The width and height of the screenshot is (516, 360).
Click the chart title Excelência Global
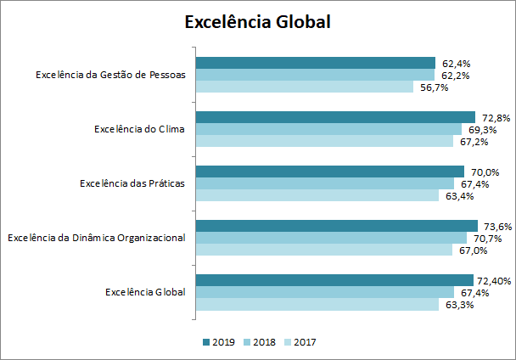tap(257, 22)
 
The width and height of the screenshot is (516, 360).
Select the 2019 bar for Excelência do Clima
tap(335, 117)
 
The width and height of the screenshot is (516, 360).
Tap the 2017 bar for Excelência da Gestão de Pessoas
tap(305, 87)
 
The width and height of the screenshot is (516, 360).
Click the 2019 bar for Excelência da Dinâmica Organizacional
tap(337, 226)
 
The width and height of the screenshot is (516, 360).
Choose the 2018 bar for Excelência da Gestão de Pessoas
tap(315, 75)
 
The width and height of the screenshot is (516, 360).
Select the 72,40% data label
tap(496, 281)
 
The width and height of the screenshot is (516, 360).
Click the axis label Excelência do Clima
tap(139, 129)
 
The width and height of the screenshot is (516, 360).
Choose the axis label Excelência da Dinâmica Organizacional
tap(96, 238)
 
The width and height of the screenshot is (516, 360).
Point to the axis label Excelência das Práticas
tap(132, 183)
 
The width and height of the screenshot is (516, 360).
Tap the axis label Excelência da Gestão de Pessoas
tap(110, 75)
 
